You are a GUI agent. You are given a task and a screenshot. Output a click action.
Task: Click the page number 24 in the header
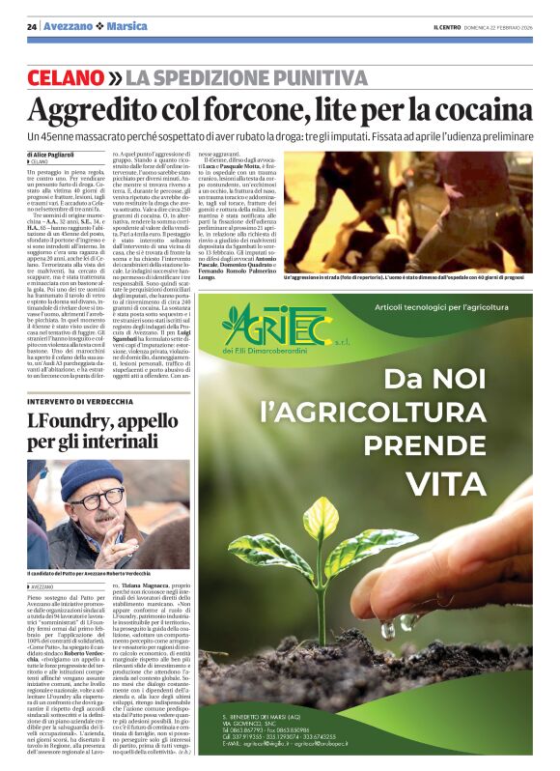click(32, 26)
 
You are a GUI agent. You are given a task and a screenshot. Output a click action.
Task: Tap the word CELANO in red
click(66, 76)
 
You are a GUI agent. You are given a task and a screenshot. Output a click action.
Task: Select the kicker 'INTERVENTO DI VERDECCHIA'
click(76, 399)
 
